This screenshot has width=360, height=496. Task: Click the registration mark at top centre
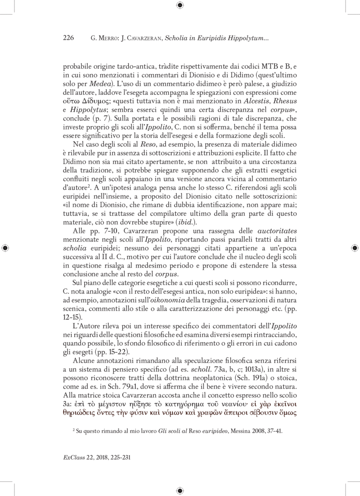(x=180, y=5)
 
